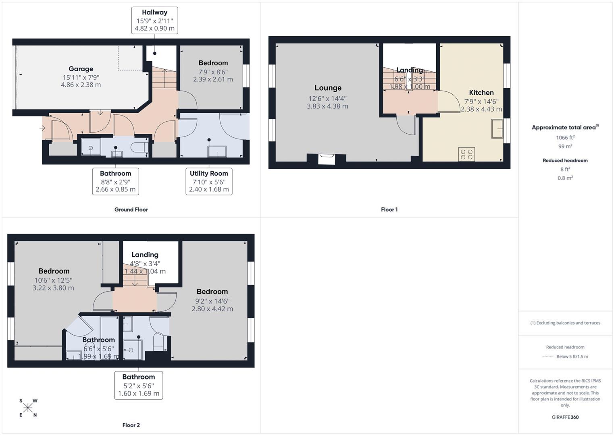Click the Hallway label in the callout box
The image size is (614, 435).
(154, 12)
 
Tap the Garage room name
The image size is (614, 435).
(81, 69)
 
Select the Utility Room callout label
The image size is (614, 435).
(209, 173)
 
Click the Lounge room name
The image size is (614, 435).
(328, 88)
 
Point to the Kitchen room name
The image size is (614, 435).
(481, 93)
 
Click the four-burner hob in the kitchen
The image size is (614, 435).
(466, 154)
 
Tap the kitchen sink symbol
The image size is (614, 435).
(497, 129)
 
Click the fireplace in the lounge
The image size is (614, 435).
(327, 159)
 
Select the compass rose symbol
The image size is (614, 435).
(28, 408)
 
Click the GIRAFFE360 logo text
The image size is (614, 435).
(565, 417)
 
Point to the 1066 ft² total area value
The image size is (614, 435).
(565, 138)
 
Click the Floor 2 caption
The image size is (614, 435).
(131, 425)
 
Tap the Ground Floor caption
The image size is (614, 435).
(131, 209)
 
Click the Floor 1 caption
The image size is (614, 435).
(389, 209)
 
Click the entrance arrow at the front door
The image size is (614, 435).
(42, 128)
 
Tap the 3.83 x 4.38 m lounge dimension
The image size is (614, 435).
(327, 106)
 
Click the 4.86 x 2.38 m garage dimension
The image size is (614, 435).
(81, 85)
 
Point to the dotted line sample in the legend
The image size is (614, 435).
(548, 356)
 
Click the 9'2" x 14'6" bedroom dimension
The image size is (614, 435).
(212, 301)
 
